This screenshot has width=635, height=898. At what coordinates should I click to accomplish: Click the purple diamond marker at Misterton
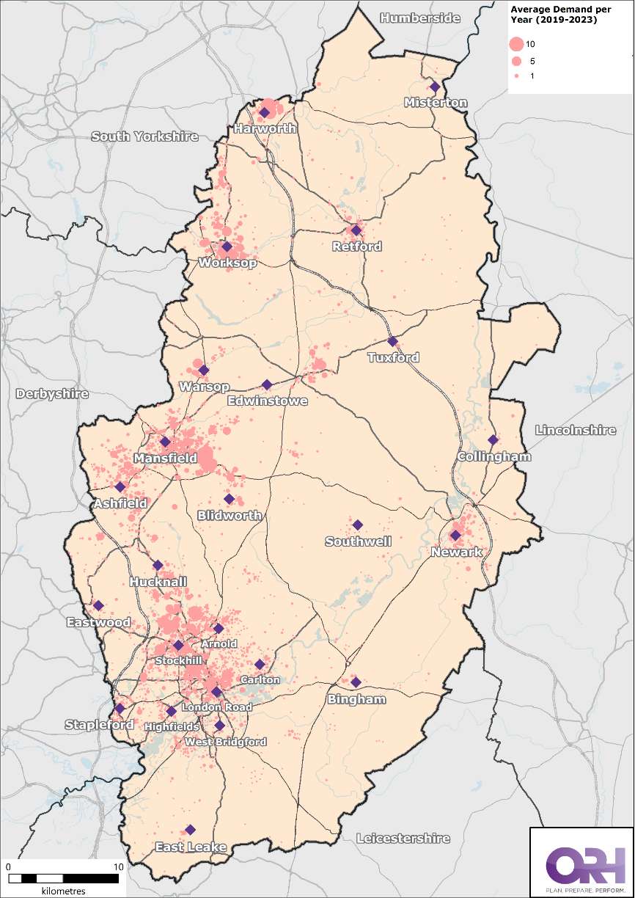tap(435, 86)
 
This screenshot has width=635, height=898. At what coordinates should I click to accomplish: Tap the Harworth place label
tap(265, 128)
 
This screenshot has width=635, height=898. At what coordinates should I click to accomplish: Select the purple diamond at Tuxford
tap(392, 341)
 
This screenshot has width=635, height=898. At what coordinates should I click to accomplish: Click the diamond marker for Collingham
tap(493, 440)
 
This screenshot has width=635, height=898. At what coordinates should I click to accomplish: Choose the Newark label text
tap(457, 552)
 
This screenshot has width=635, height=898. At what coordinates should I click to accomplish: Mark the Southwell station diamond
tap(358, 525)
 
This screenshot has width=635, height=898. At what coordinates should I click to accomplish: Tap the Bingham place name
tap(356, 699)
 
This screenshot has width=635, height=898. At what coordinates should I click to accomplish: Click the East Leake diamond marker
tap(190, 830)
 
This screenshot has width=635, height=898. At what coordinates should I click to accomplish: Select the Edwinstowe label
tap(267, 401)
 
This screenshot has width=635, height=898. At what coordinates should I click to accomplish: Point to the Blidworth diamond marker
tap(229, 499)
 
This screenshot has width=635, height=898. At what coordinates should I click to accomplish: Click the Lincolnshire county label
tap(576, 430)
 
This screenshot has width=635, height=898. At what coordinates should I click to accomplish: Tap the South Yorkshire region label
tap(144, 136)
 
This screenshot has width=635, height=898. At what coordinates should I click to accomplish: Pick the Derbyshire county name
tap(52, 393)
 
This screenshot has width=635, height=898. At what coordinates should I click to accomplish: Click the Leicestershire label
tap(403, 838)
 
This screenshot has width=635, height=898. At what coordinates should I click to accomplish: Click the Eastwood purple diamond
tap(98, 605)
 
